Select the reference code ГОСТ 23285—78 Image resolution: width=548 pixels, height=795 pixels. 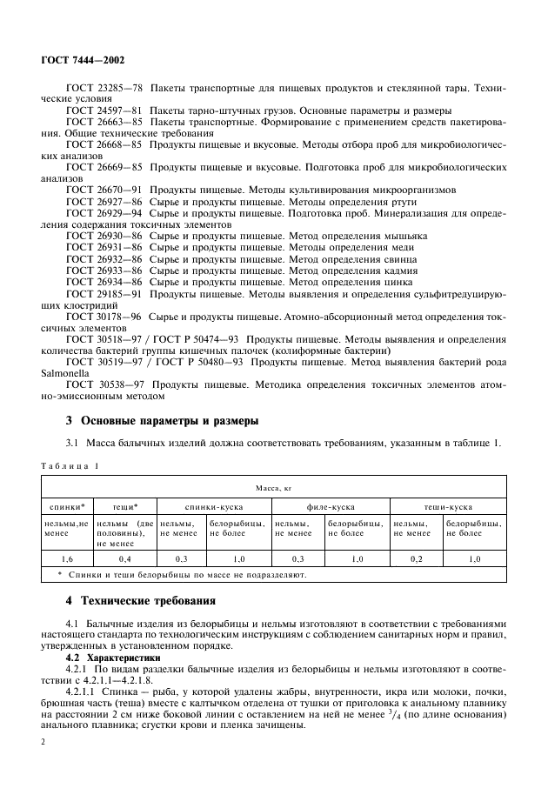pos(104,90)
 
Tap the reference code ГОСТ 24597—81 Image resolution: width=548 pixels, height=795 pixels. pos(104,110)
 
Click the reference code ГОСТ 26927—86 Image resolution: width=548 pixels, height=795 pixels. pos(104,201)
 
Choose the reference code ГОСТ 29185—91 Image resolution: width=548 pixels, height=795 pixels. pos(104,296)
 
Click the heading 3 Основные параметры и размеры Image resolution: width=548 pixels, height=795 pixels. pos(162,421)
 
